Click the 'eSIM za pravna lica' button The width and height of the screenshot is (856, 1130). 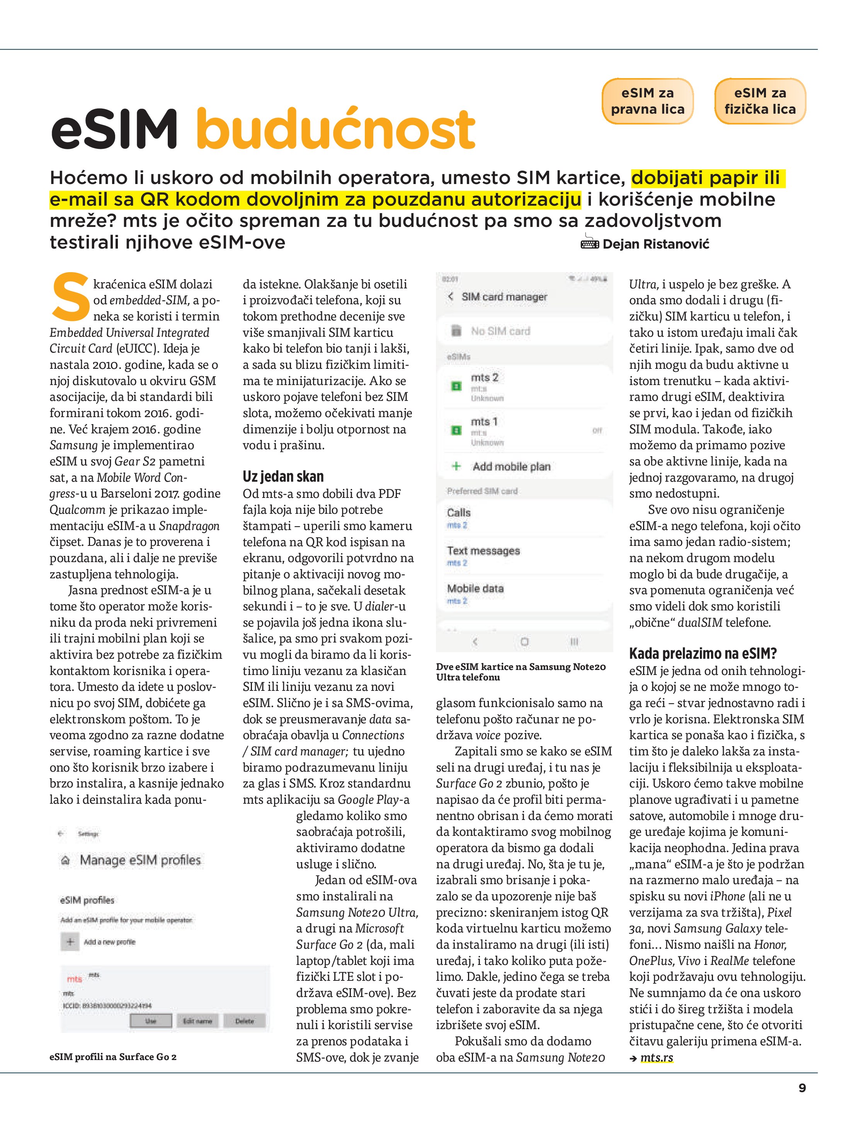647,101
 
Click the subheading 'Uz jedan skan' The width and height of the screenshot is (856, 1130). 283,477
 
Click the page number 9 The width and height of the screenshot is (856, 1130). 802,1088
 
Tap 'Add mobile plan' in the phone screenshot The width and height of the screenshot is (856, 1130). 511,466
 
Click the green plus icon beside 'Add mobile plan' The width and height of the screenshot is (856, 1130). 456,466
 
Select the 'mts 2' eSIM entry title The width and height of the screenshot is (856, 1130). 484,378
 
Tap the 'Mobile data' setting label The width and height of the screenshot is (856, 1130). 475,588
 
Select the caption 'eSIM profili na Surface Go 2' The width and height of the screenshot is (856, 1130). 113,1057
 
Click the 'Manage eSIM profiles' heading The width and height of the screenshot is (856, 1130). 140,860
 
